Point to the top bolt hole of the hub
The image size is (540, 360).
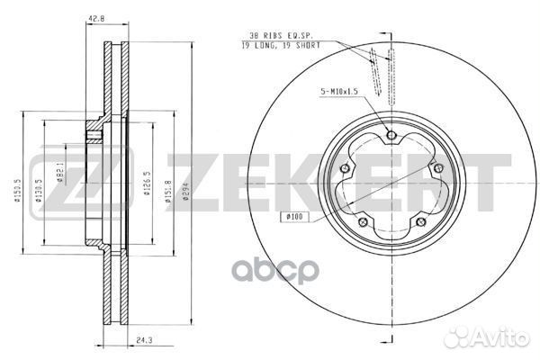[391, 136]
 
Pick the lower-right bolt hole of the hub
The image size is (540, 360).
[420, 224]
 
